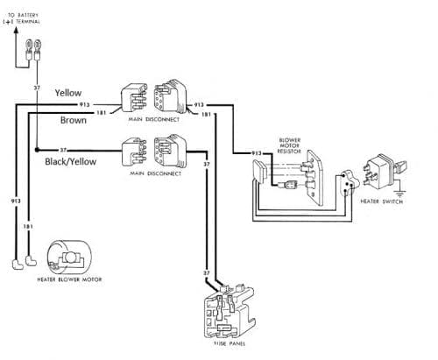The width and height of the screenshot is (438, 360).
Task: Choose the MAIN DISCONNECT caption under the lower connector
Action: (x=152, y=173)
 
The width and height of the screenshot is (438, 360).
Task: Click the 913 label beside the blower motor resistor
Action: (x=257, y=152)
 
